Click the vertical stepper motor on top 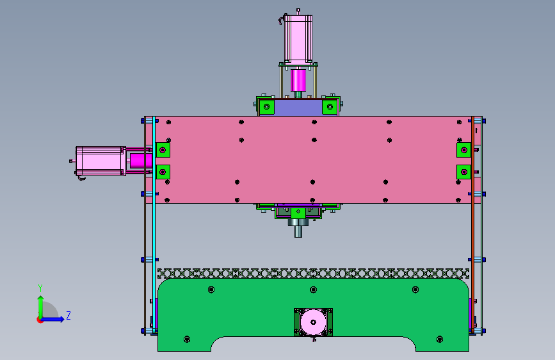pyautogui.click(x=298, y=39)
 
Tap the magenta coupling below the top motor pyautogui.click(x=298, y=81)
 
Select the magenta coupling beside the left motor pyautogui.click(x=141, y=161)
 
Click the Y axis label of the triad pyautogui.click(x=40, y=288)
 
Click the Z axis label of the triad pyautogui.click(x=68, y=315)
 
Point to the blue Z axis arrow pyautogui.click(x=52, y=319)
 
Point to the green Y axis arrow pyautogui.click(x=41, y=307)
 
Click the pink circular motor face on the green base pyautogui.click(x=313, y=322)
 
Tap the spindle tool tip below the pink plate pyautogui.click(x=298, y=231)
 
